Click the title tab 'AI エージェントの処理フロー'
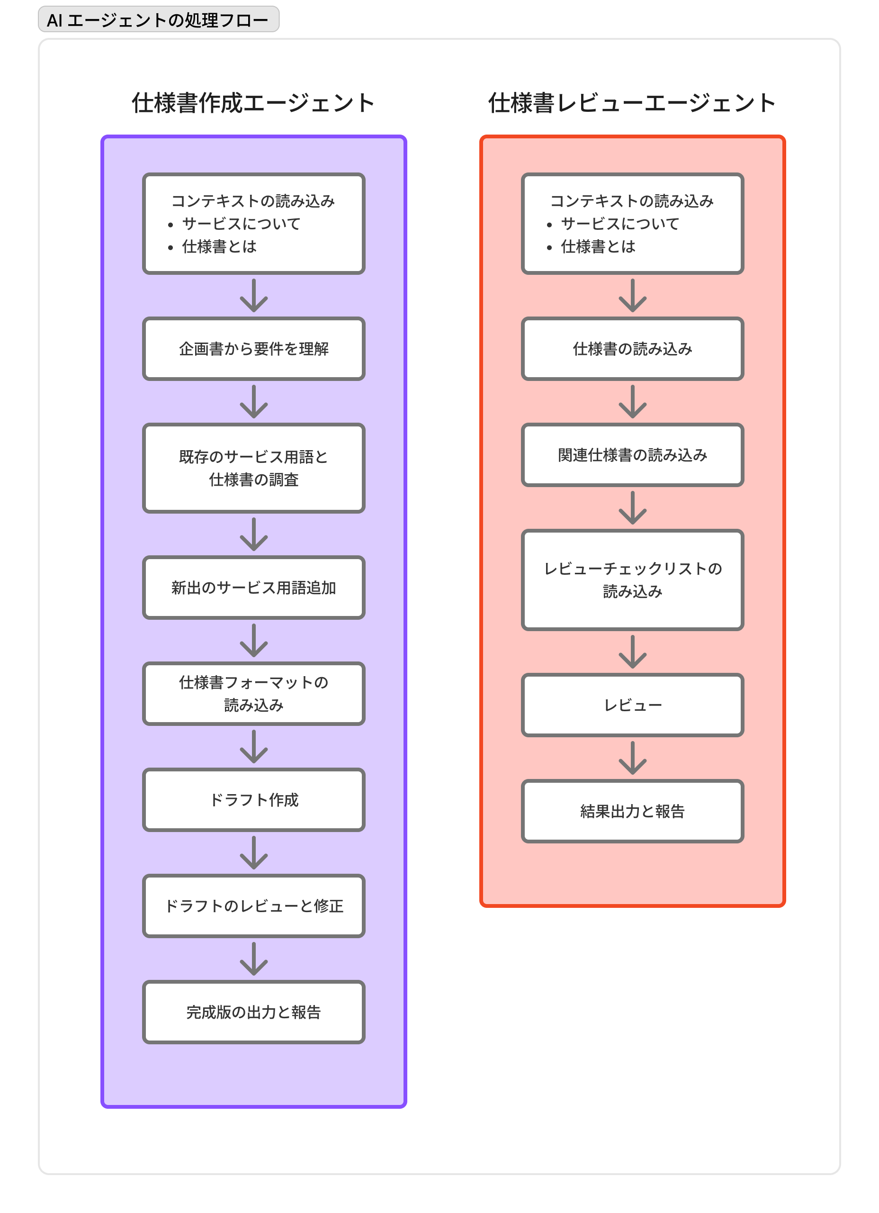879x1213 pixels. coord(158,20)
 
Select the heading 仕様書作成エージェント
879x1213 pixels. coord(253,103)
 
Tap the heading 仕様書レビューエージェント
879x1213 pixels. coord(632,103)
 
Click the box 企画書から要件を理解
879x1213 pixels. coord(253,349)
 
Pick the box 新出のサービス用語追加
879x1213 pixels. coord(253,588)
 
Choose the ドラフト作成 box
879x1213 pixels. coord(253,799)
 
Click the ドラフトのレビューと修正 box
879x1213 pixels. coord(253,905)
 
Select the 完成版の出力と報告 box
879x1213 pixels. coord(253,1012)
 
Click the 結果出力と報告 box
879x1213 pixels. coord(633,811)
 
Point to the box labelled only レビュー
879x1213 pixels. coord(633,705)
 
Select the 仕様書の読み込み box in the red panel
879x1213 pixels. coord(633,349)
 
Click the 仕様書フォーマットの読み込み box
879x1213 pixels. coord(253,694)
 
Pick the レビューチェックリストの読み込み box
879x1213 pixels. coord(633,580)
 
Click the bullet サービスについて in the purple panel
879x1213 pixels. coord(241,224)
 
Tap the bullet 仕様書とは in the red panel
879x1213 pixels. coord(598,246)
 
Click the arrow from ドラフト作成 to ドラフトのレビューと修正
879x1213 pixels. coord(253,852)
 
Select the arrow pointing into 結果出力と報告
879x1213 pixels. coord(633,758)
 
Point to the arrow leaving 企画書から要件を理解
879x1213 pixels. coord(253,402)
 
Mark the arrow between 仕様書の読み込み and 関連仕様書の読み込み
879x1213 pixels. coord(633,402)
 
